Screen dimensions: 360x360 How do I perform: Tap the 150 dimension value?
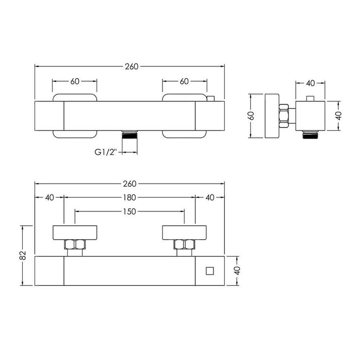(130, 211)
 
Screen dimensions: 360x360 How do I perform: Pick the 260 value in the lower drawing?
(130, 184)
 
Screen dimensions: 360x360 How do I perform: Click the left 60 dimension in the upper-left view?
(75, 81)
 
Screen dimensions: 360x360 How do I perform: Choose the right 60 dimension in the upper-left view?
(184, 81)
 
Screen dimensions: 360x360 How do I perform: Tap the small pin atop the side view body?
(310, 98)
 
